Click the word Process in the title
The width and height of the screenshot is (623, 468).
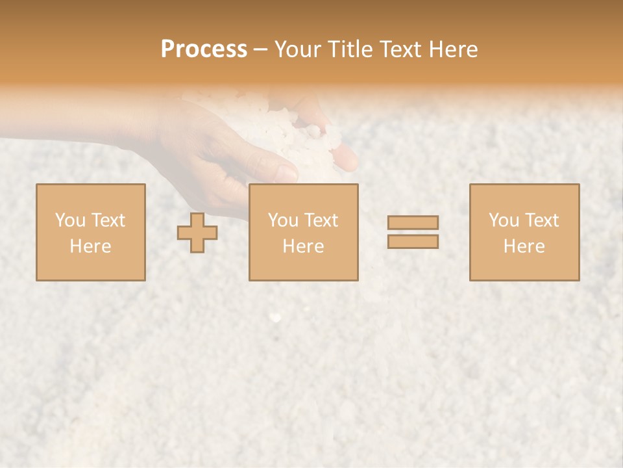204,49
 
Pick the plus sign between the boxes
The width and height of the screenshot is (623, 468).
197,233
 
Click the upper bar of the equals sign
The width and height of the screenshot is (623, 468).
413,222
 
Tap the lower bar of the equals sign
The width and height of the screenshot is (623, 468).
413,242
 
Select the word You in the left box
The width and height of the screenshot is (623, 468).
70,220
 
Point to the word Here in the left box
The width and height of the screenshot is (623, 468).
90,246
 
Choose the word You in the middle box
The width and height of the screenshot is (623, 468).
283,220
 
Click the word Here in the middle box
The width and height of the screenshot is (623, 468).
303,246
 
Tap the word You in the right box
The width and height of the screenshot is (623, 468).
504,220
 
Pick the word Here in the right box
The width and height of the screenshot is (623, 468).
524,246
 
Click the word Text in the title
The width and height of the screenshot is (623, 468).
398,49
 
